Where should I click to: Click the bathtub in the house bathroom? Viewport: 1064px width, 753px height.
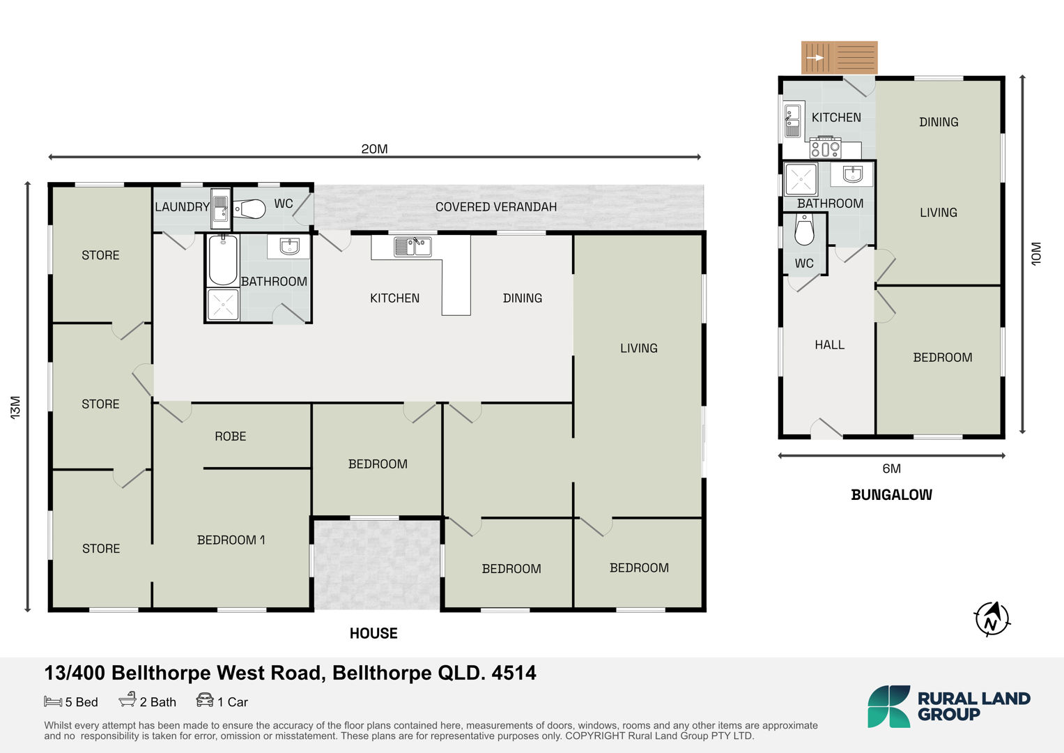223,260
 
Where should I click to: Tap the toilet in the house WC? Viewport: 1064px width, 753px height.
249,208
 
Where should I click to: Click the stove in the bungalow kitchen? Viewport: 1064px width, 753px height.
826,148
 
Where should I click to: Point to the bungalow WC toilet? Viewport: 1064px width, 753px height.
804,230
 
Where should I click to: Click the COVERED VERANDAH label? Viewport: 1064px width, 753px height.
496,207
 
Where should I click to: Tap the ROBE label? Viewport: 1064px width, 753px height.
231,436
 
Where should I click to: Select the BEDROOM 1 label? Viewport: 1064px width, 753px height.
231,540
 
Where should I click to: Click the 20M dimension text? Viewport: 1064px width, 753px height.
374,149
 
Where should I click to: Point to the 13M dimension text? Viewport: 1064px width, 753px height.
15,407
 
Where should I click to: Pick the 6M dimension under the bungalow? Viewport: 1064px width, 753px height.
892,469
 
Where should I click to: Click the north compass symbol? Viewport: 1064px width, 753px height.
992,619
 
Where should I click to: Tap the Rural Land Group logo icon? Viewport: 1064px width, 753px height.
888,706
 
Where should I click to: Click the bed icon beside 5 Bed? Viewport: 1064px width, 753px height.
53,701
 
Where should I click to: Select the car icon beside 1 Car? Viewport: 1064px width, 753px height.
205,700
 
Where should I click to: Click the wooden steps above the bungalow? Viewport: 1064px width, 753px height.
840,57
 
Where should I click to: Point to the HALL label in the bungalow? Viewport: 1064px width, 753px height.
830,345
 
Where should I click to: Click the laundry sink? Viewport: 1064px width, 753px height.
221,206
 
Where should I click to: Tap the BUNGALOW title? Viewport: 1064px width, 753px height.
892,495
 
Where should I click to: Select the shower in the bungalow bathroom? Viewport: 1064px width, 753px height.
801,179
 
